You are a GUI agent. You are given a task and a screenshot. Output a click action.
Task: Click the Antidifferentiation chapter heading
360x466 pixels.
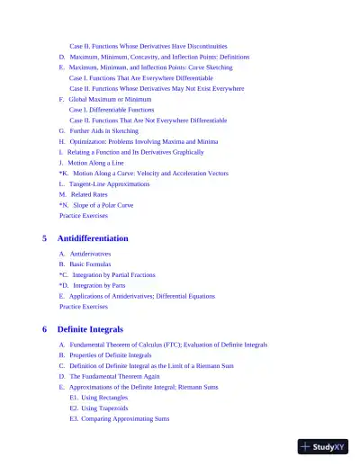(93, 238)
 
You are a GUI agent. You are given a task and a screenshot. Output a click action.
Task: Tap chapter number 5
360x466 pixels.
(45, 238)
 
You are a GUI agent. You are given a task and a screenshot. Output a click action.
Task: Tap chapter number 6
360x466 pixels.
(45, 329)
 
